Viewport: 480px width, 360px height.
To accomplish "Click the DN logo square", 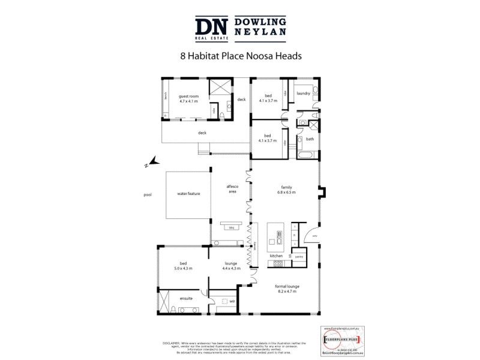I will (x=212, y=27).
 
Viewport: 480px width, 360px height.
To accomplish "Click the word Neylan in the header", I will (x=260, y=32).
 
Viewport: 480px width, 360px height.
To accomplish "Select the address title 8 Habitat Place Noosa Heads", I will (x=240, y=58).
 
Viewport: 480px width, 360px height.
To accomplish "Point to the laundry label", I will (x=302, y=93).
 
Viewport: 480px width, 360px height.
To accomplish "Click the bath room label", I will (x=310, y=139).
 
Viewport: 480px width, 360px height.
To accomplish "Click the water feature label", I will (x=188, y=194).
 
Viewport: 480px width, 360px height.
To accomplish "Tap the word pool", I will (x=148, y=194).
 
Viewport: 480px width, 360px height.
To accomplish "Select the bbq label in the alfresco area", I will (x=231, y=227).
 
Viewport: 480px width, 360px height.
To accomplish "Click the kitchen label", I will (x=276, y=256).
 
